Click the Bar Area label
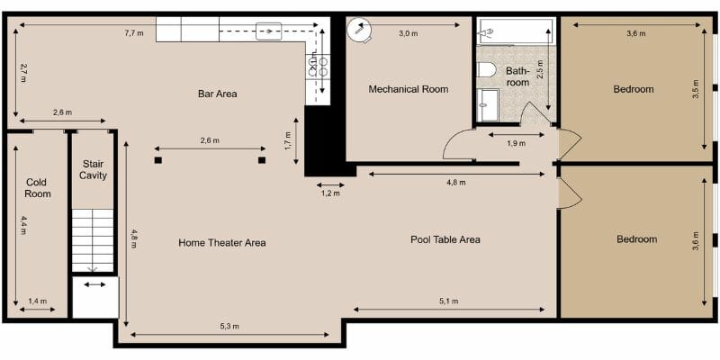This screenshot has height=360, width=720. click(217, 94)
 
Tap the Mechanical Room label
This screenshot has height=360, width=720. click(408, 89)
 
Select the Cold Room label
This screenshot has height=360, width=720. click(38, 187)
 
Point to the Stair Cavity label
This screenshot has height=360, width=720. click(93, 169)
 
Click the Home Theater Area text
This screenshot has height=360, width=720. click(221, 242)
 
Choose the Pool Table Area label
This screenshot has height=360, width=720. click(445, 239)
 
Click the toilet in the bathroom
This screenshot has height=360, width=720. click(487, 69)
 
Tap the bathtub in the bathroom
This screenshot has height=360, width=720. click(515, 31)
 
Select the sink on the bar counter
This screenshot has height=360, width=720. click(268, 31)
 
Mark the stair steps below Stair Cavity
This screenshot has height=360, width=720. click(93, 238)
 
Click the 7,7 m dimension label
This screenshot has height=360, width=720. click(134, 33)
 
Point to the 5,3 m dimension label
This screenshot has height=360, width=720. click(229, 326)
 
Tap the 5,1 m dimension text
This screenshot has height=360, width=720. click(448, 301)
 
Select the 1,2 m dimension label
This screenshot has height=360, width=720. click(330, 193)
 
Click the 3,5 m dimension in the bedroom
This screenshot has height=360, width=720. click(696, 91)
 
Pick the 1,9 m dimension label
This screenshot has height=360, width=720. click(516, 144)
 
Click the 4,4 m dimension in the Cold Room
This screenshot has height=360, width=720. click(23, 226)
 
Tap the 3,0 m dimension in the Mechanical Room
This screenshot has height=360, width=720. click(408, 33)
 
